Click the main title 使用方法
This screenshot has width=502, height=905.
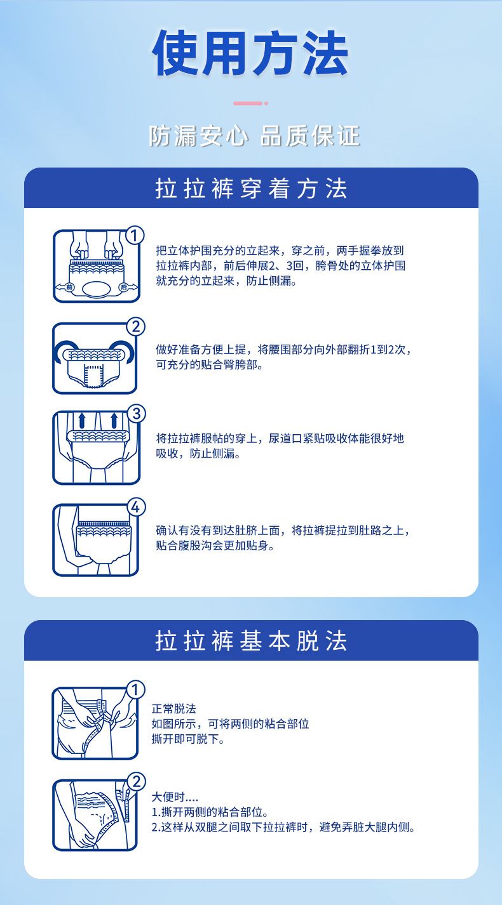point(250,53)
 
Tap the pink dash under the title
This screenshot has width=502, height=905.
point(248,103)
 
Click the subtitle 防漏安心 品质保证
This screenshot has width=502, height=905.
point(254,135)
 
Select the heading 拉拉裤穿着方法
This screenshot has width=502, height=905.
point(251,188)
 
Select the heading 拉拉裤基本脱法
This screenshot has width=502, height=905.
point(251,641)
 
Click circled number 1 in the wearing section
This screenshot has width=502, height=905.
point(135,235)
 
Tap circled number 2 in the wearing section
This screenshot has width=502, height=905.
point(136,326)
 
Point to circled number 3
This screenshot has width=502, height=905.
point(137,414)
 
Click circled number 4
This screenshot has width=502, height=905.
point(135,507)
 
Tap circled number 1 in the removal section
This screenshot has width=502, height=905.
point(135,690)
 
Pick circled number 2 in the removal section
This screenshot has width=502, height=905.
point(137,782)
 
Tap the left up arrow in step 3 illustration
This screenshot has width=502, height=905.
point(82,420)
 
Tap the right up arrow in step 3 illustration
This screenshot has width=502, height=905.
point(114,420)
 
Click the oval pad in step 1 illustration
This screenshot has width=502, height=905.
point(96,289)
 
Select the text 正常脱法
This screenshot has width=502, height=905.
point(174,709)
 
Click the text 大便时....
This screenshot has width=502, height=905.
point(168,796)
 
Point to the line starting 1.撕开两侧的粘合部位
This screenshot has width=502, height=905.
point(210,812)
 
